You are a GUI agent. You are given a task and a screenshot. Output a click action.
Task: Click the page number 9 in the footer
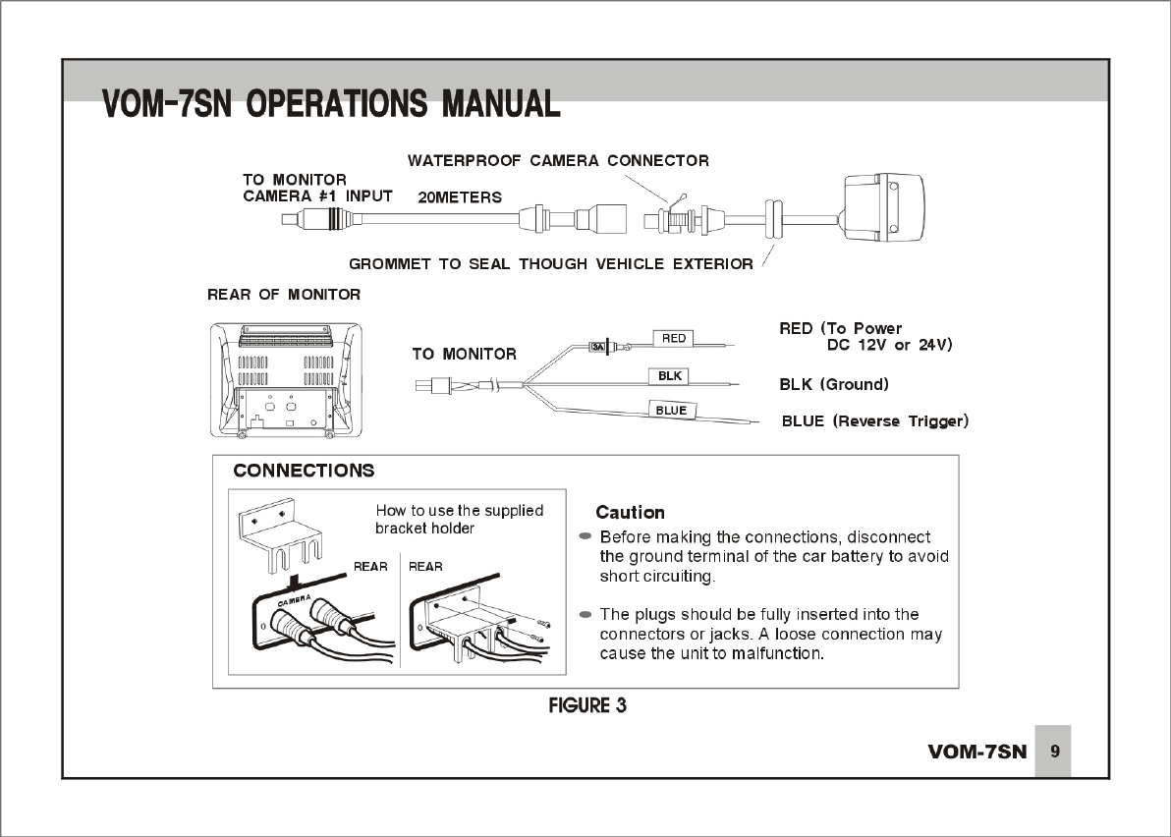1054,752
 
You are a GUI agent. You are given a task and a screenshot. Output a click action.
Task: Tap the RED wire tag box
674,338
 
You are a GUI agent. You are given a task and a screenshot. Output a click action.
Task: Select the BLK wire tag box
670,376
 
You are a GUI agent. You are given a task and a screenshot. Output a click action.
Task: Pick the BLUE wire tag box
671,410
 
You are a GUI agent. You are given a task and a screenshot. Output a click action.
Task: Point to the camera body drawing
885,209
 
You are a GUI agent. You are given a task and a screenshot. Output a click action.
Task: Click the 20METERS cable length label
460,197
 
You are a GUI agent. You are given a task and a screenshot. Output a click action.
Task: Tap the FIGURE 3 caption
586,705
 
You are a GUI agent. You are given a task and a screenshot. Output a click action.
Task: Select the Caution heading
630,513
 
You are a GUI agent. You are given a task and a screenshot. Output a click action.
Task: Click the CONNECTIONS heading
304,471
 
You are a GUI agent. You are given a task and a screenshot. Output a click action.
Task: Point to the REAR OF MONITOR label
284,295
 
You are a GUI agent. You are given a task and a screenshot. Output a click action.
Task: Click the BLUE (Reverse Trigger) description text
874,421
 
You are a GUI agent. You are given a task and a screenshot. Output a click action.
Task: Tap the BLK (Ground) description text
833,384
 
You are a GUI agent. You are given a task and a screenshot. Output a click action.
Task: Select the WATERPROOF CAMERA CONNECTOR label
558,160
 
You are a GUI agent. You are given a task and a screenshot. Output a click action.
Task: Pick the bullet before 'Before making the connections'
585,536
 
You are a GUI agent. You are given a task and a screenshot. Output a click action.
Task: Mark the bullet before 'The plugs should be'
585,614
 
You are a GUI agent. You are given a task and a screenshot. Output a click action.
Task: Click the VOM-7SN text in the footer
976,753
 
